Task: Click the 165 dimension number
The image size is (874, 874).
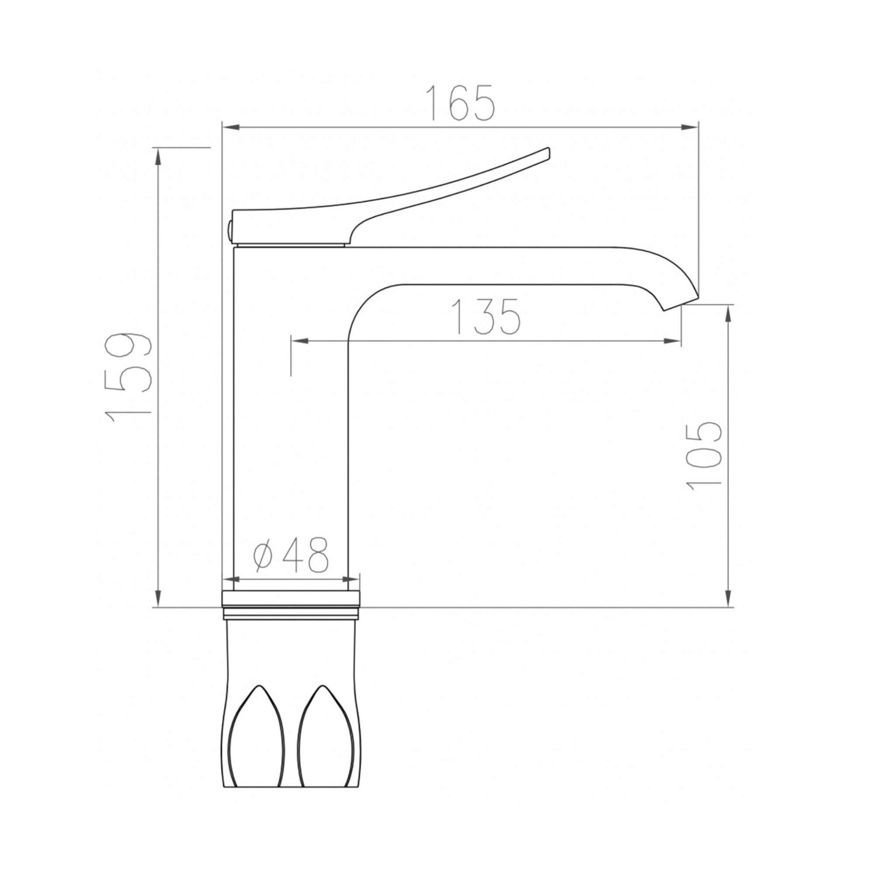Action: (462, 103)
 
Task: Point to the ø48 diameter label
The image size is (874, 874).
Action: (290, 556)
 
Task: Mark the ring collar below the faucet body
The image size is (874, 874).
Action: (292, 604)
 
